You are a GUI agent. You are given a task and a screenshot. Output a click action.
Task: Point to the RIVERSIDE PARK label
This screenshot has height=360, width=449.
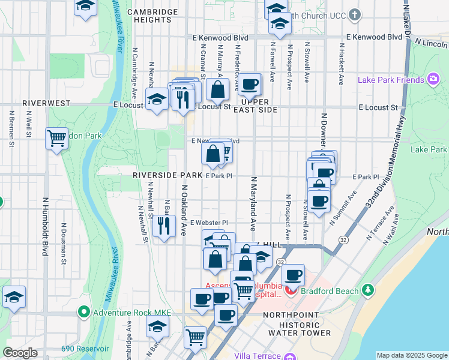click(x=167, y=175)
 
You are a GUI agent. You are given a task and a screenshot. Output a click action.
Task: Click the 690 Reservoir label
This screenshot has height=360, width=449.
click(x=85, y=349)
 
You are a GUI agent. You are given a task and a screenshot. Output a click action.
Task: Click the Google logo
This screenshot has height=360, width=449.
click(x=20, y=353)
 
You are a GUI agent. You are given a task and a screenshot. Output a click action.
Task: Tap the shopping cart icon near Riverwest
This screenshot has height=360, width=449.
click(x=56, y=138)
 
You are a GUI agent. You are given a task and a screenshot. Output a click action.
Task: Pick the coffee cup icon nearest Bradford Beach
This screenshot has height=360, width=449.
click(x=293, y=275)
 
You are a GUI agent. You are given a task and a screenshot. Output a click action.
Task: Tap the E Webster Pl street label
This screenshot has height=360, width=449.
click(x=209, y=223)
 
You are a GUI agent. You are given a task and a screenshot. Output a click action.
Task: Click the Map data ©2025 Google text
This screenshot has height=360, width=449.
click(x=412, y=355)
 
